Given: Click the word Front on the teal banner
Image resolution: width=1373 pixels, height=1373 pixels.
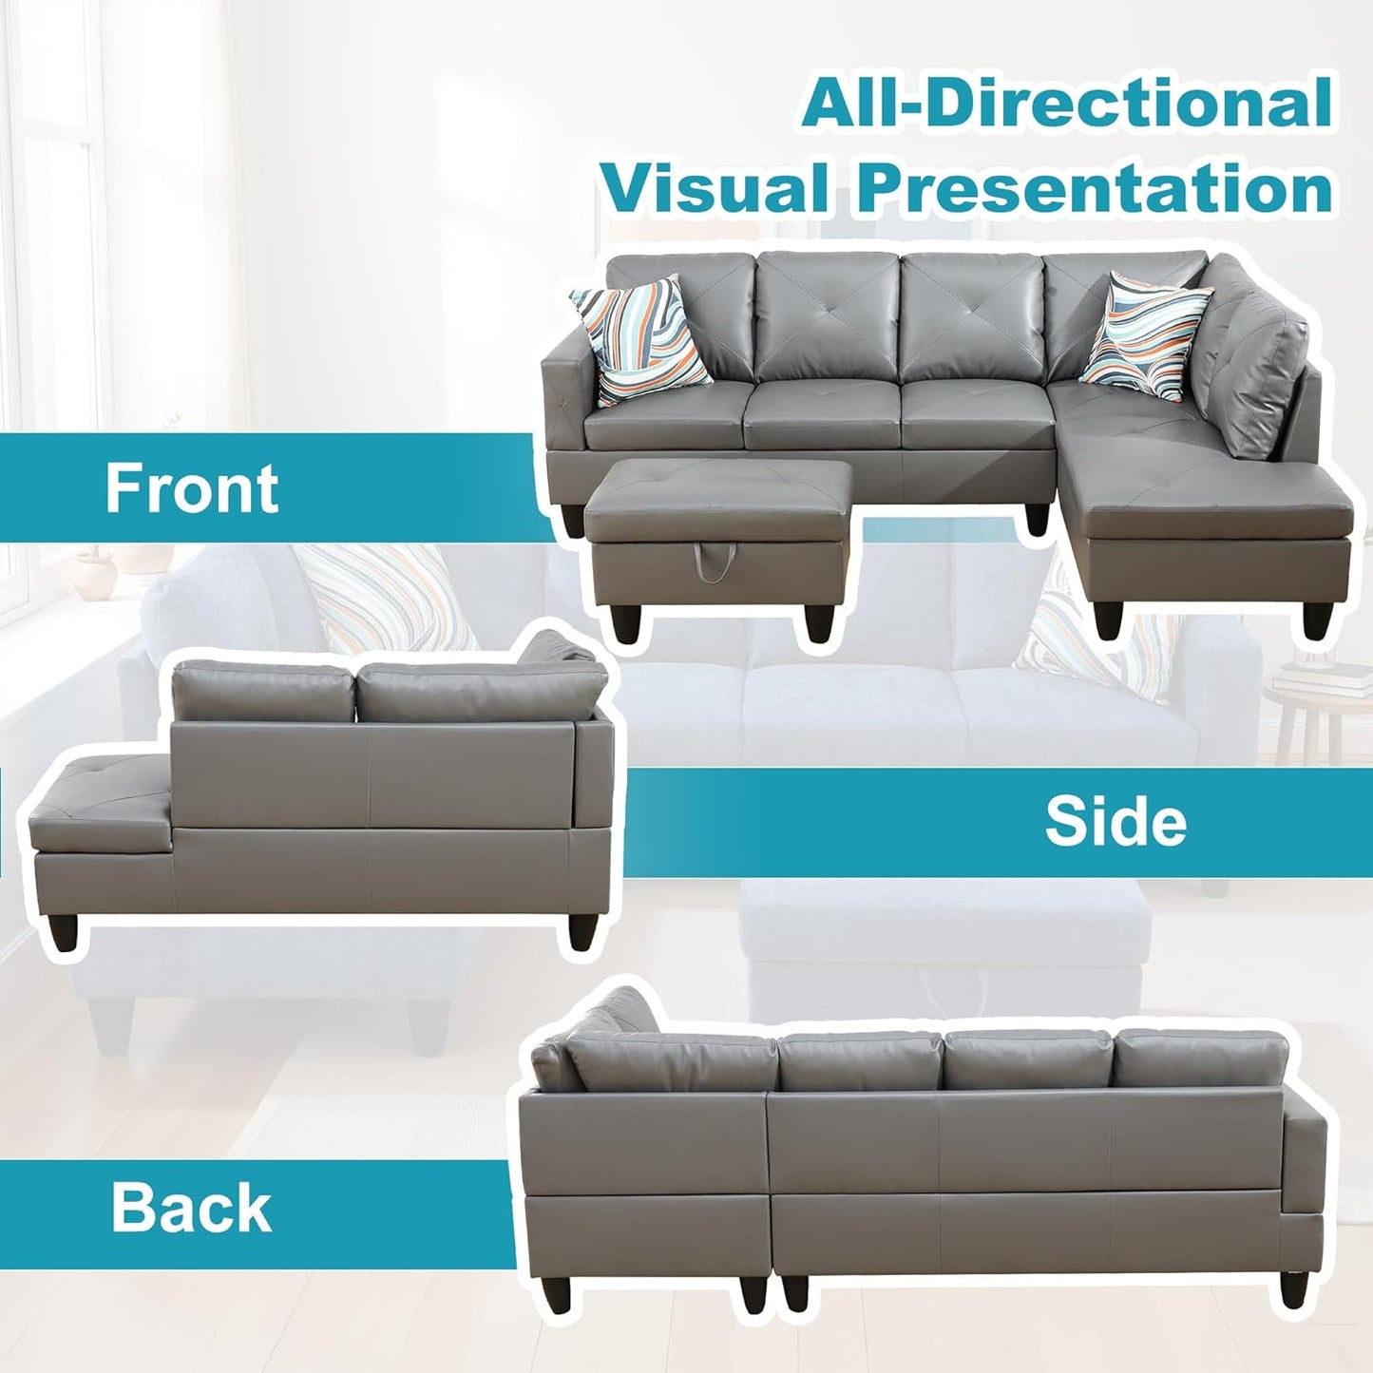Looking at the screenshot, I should tap(191, 488).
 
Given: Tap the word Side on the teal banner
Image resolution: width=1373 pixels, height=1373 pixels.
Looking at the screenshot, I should tap(1116, 822).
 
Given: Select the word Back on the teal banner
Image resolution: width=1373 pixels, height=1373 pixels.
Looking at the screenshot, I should tap(191, 1208).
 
